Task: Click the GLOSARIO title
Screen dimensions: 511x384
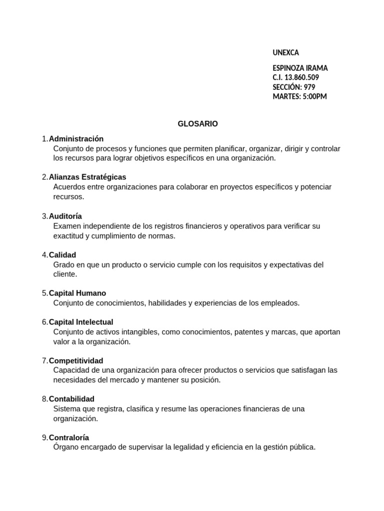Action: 197,124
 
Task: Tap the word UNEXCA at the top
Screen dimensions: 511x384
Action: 286,52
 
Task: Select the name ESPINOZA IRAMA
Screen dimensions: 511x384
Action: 300,68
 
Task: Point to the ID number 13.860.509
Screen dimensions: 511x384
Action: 301,77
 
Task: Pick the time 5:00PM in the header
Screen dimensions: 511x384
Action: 314,96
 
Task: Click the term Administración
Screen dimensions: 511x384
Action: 76,139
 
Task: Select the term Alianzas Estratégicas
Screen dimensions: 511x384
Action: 87,177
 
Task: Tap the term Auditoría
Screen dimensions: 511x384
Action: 65,216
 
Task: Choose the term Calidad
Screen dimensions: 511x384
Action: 62,255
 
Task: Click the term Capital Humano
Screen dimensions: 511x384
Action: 77,293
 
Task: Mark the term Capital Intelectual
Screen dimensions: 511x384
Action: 81,322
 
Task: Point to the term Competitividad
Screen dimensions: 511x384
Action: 76,361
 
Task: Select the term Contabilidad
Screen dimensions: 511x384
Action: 71,399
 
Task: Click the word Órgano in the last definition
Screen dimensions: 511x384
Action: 65,448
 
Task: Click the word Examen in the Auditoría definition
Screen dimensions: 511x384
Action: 66,226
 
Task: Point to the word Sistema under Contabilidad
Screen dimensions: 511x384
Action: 67,409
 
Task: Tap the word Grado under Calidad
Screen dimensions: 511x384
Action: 64,265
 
